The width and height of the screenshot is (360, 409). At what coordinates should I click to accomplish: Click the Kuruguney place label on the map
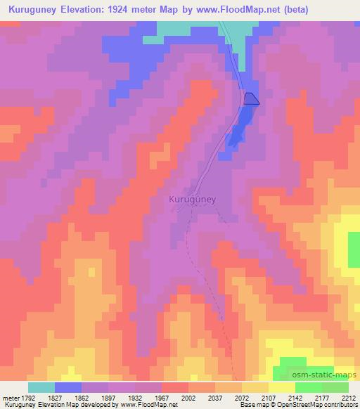point(193,200)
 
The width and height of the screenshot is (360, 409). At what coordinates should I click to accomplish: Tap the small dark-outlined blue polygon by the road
point(251,99)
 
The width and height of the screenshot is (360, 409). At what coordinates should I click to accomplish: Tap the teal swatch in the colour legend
point(41,387)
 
